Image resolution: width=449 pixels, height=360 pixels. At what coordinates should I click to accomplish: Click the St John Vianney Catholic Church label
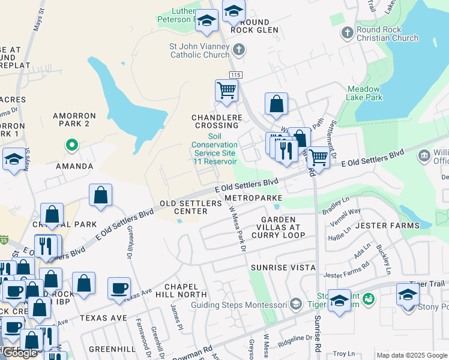coord(199,50)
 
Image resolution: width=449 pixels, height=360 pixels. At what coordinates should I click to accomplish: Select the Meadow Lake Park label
coord(364,93)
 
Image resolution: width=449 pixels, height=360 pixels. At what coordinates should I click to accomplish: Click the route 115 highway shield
coord(235,74)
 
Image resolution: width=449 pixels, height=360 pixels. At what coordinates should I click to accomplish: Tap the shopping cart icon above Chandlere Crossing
coord(226,91)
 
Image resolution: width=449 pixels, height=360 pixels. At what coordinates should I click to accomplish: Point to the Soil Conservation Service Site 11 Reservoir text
coord(214,149)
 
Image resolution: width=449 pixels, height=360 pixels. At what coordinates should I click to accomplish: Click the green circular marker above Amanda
coord(71,145)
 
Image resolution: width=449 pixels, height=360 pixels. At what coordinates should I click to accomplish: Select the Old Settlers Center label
coord(190,207)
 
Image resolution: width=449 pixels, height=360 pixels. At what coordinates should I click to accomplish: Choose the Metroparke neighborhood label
coord(253,197)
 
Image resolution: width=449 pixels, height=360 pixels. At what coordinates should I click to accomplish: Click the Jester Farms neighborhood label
coord(387,226)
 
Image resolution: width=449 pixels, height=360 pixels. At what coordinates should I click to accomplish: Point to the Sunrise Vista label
coord(283,267)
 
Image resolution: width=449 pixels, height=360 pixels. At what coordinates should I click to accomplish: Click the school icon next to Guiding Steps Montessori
coord(295,305)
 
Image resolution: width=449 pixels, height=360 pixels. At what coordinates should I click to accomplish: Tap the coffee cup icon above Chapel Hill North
coord(119,287)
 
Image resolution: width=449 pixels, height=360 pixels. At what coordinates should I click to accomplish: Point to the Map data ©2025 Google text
coord(411,355)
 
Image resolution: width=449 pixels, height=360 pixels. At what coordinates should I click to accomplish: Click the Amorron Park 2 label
coord(74,119)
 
